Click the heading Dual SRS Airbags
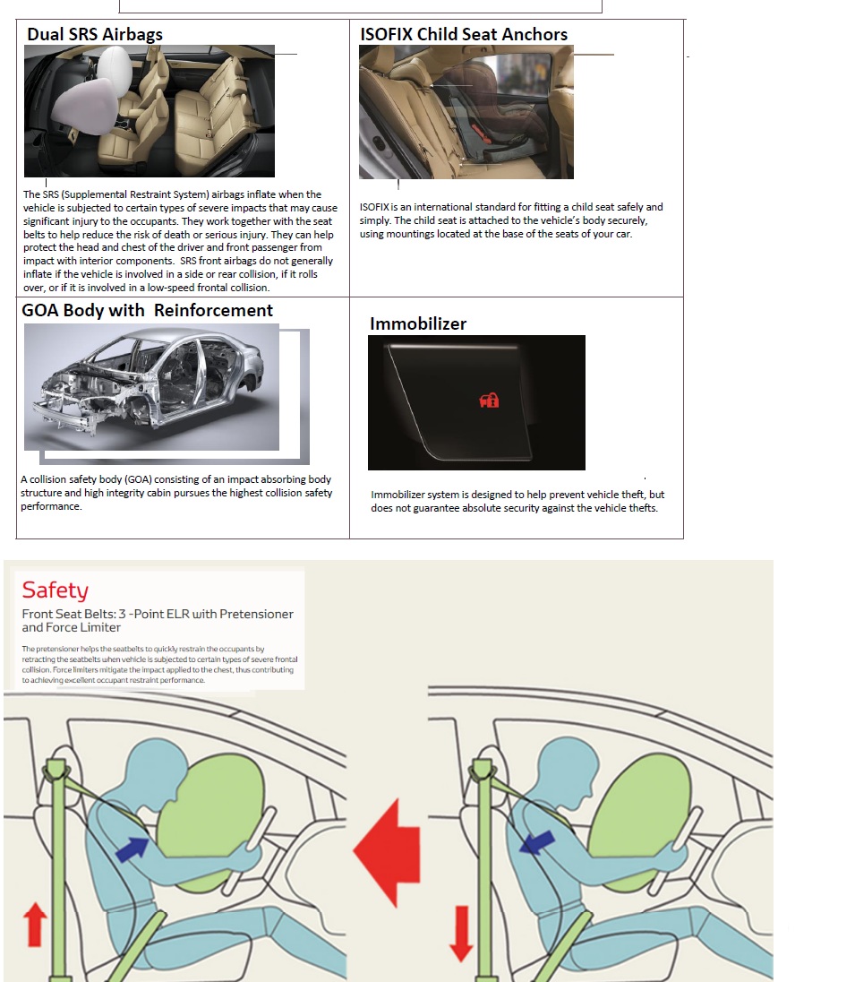point(95,35)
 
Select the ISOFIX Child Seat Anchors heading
point(463,35)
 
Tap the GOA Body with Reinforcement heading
point(147,311)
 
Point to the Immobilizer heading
point(417,323)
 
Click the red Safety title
point(56,590)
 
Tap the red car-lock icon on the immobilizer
point(489,401)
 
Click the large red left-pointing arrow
point(389,850)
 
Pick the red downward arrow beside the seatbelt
point(461,931)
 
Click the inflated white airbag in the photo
point(98,99)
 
